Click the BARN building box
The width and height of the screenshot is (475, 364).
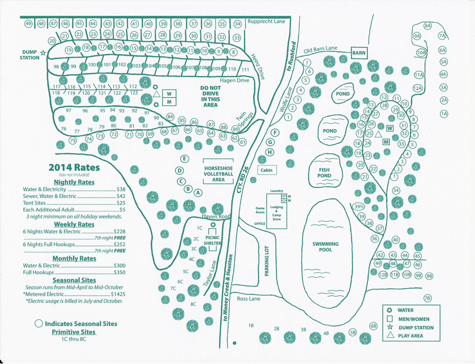[x=359, y=53]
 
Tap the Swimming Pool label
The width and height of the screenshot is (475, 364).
[x=326, y=247]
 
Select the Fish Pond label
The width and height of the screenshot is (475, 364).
[x=324, y=172]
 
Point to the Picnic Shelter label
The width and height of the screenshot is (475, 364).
[x=212, y=240]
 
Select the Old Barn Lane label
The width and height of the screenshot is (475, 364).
[x=320, y=49]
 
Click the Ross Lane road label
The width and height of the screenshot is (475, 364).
[x=249, y=298]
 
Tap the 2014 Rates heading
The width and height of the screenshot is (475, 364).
[x=74, y=168]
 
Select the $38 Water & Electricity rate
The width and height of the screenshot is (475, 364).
[x=121, y=189]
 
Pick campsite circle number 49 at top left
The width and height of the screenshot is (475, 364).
[x=28, y=24]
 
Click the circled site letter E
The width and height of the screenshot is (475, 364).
[x=184, y=159]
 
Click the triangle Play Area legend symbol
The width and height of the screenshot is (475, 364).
[x=390, y=336]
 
